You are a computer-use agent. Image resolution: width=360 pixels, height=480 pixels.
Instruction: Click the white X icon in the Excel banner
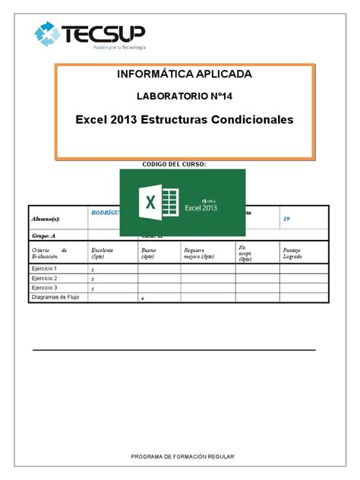point(150,203)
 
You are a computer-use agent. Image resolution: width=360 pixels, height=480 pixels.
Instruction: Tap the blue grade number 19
point(286,219)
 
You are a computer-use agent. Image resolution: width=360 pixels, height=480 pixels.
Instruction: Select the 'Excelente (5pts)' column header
point(103,253)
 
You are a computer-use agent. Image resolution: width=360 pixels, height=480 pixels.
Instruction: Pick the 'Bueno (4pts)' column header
point(147,253)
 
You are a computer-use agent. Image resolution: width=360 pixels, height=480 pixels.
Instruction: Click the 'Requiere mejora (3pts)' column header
point(199,253)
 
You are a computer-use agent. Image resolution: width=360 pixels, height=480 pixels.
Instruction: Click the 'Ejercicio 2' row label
point(46,278)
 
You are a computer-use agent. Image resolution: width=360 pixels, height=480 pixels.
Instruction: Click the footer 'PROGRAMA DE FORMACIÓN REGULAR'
point(182,456)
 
